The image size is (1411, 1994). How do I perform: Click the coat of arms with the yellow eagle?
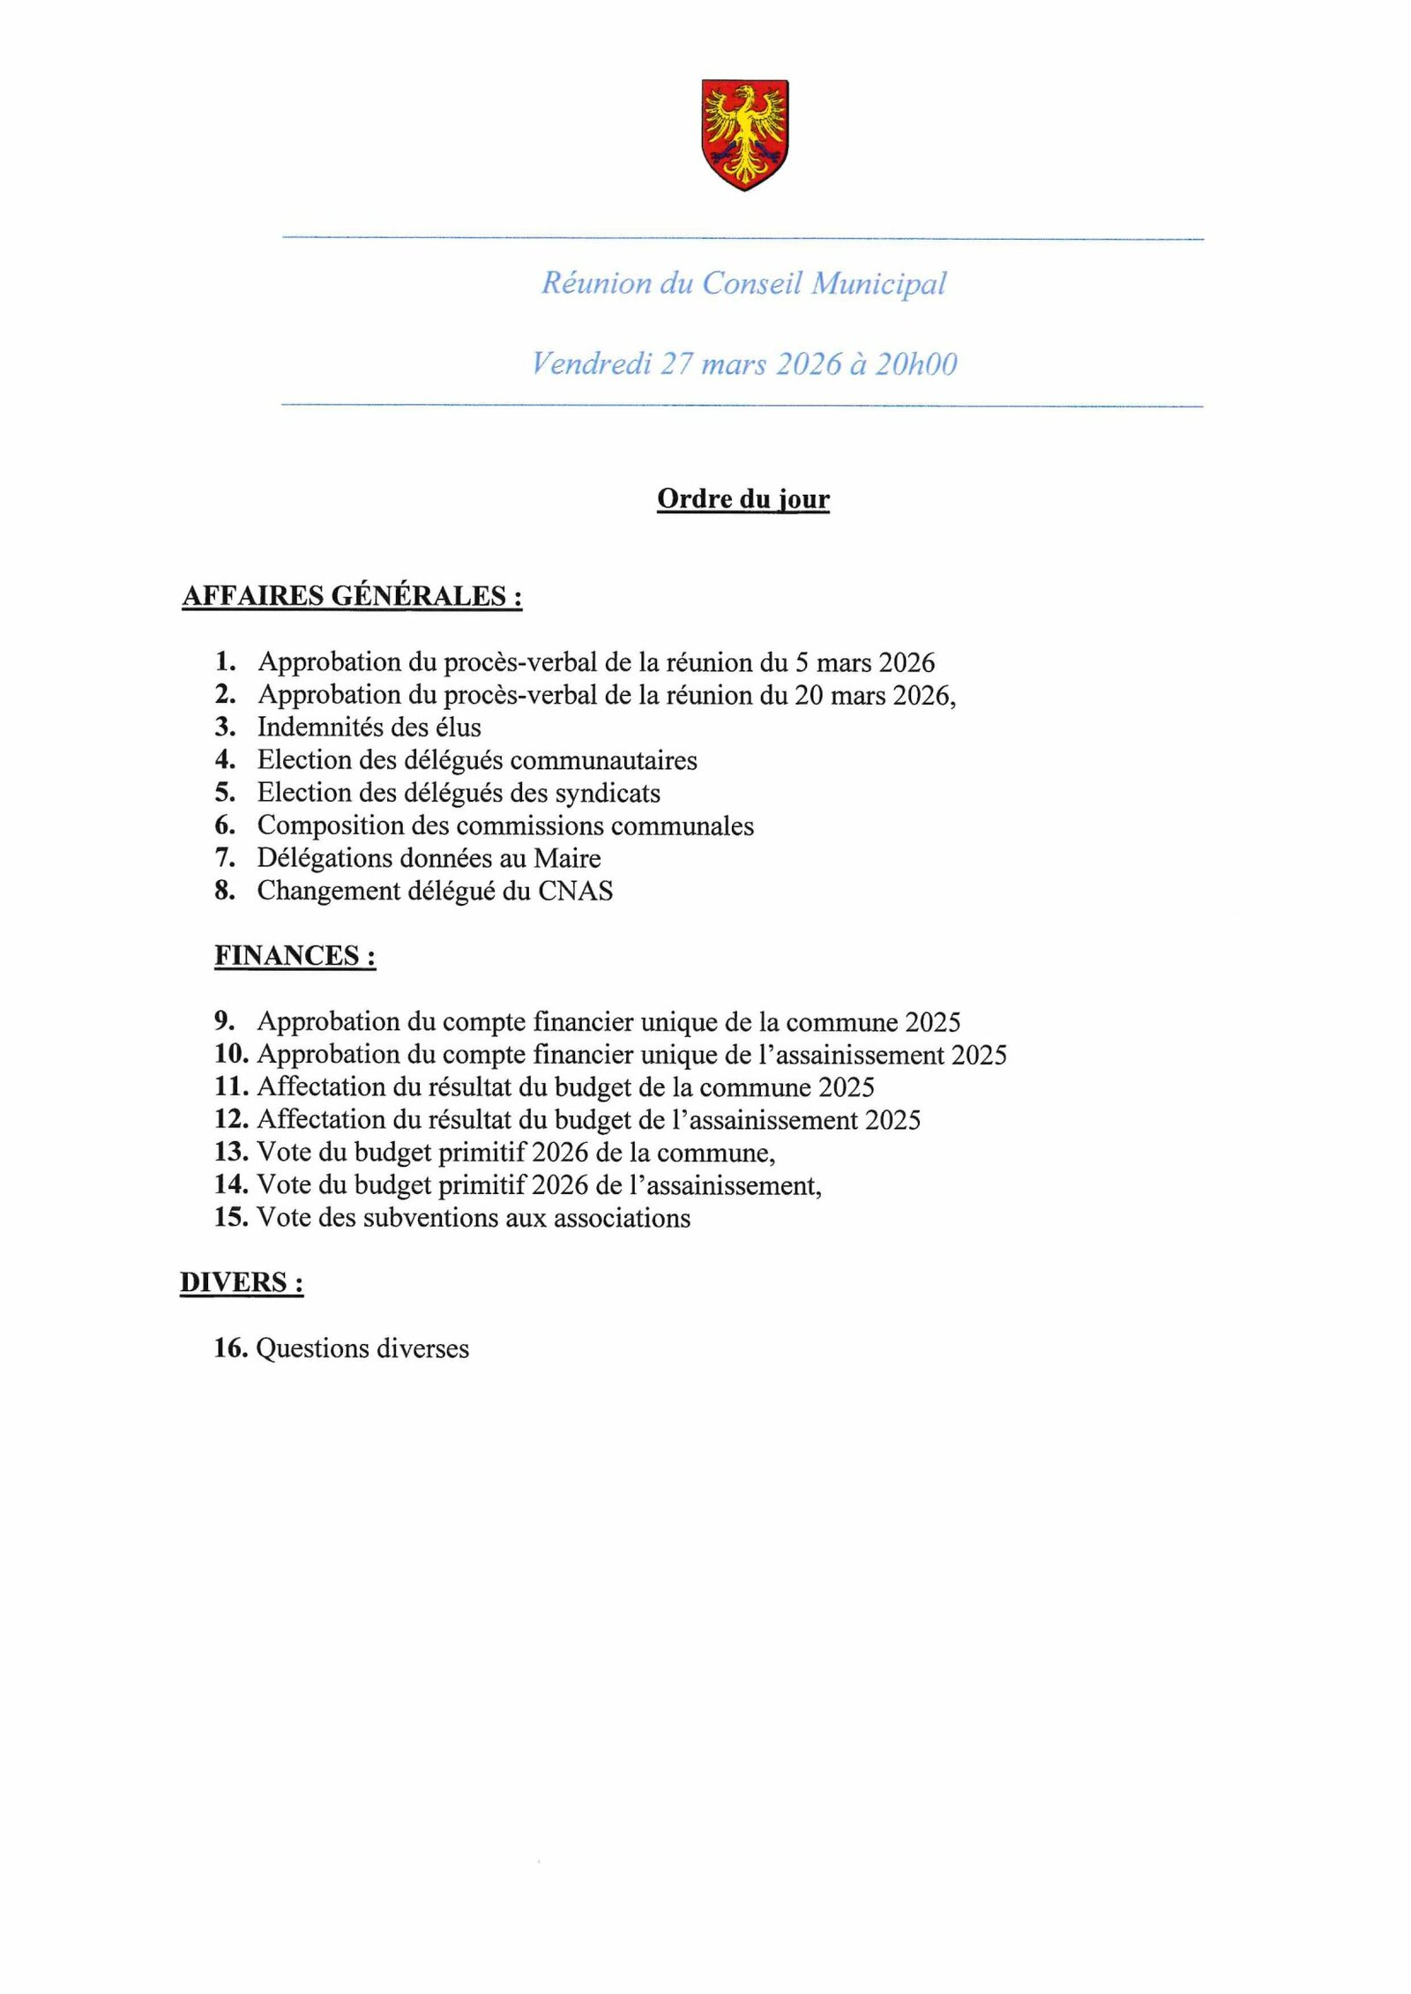click(744, 134)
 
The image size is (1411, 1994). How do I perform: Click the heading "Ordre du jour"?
click(743, 499)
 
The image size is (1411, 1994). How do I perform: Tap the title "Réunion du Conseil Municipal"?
click(743, 283)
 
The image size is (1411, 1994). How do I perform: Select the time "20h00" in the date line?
click(915, 364)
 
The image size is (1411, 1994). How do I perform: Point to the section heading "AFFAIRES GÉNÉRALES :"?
click(352, 596)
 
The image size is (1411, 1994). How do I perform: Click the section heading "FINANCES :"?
click(295, 956)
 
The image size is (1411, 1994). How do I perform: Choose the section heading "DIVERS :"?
click(242, 1282)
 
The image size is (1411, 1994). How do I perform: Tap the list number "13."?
click(231, 1152)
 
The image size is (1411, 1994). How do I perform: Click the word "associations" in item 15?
click(616, 1218)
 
